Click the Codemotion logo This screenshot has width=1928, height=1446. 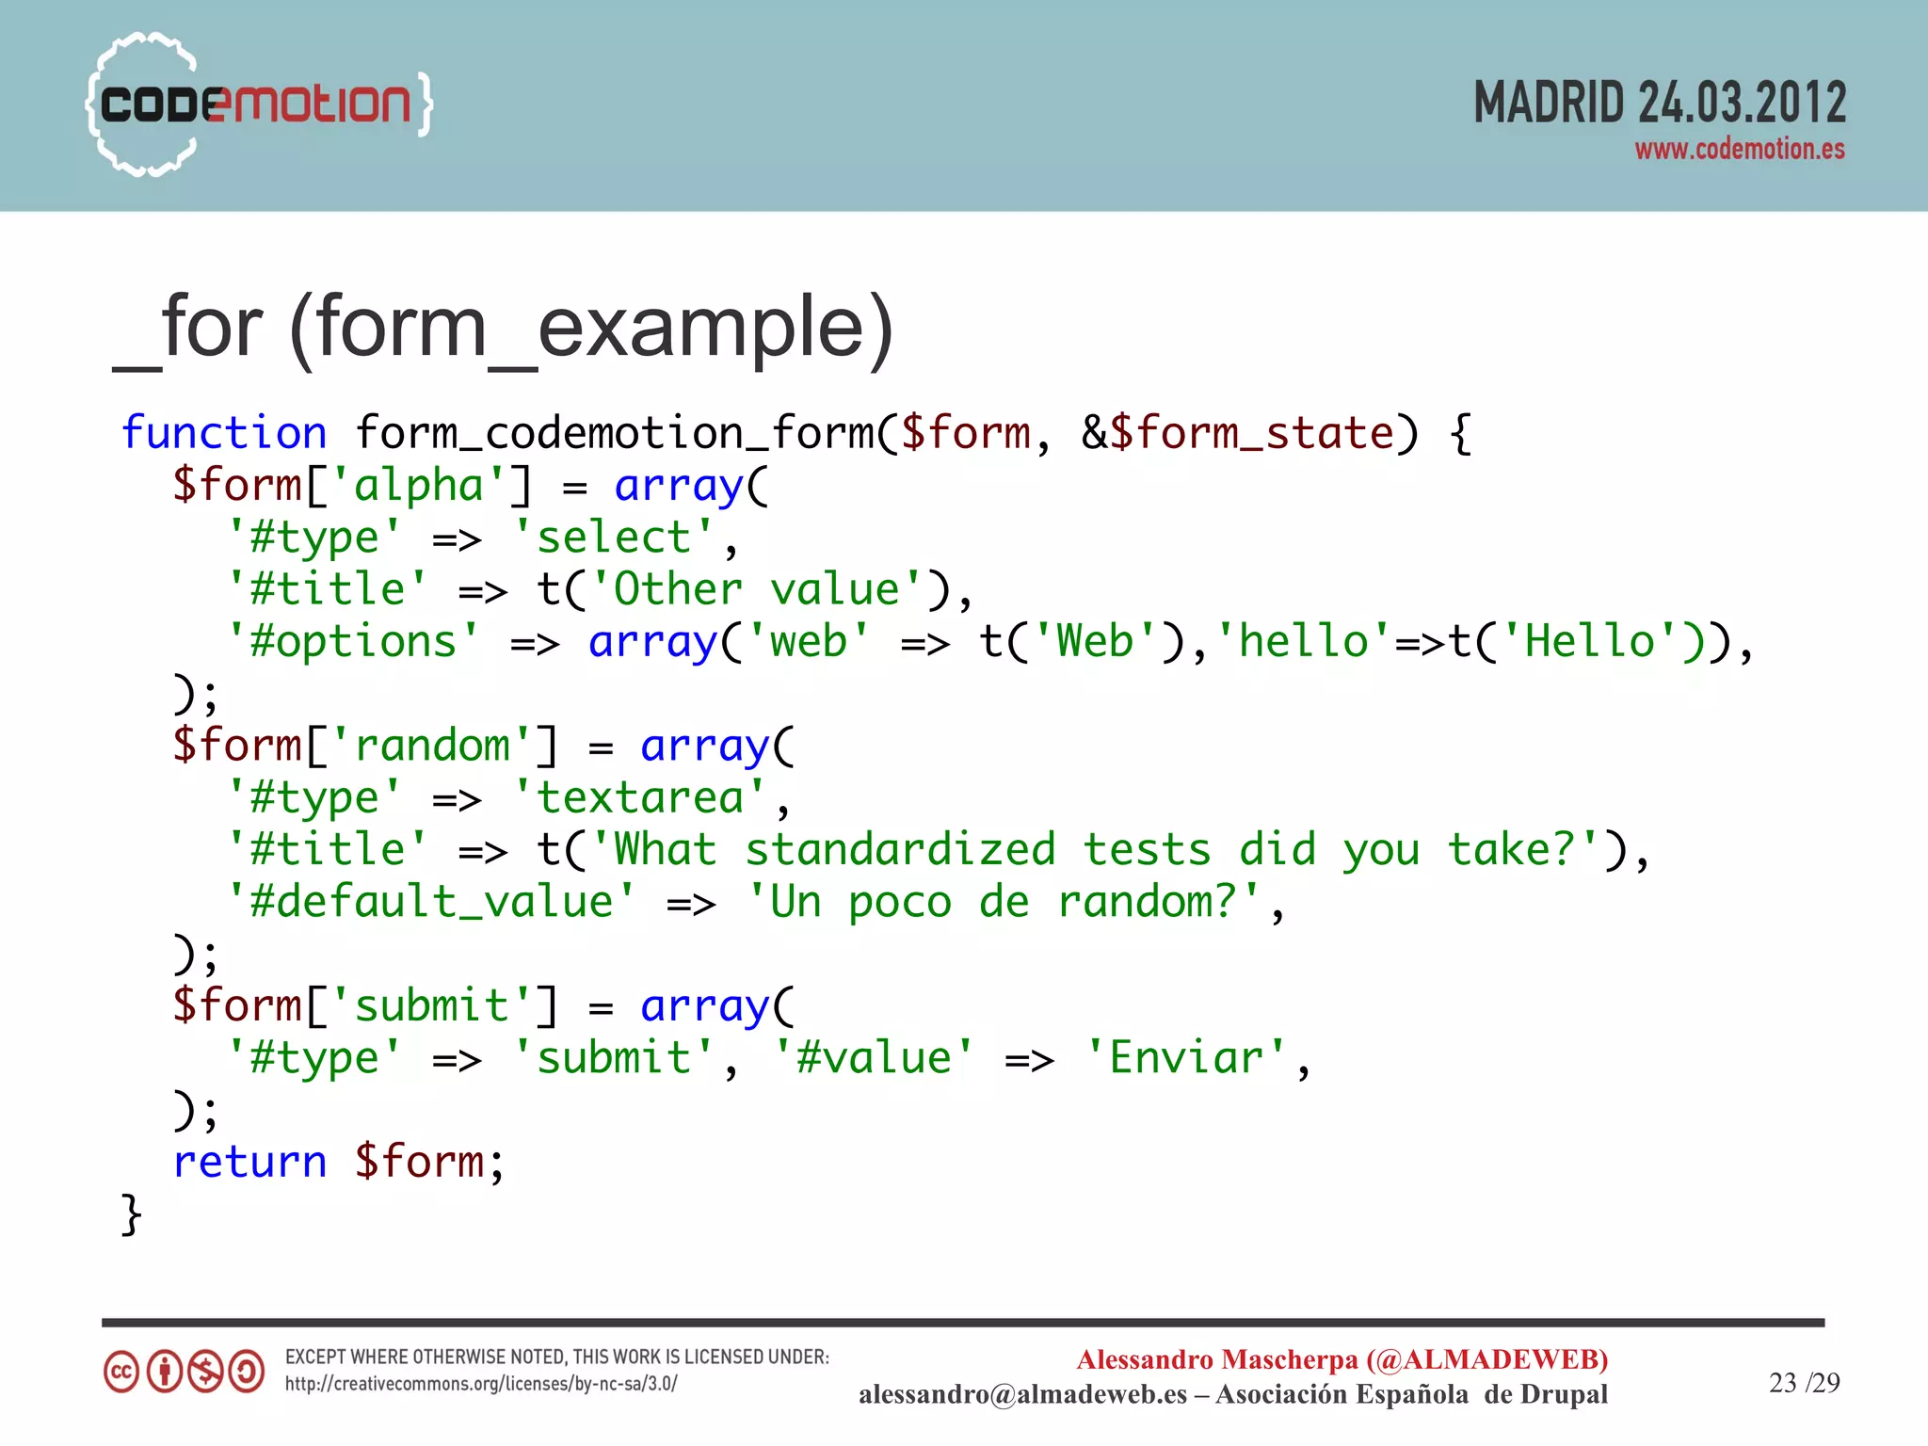[x=259, y=104]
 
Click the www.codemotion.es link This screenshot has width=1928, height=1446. [x=1739, y=150]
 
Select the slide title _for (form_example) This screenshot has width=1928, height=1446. [x=503, y=328]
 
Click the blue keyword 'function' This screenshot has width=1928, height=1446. [x=224, y=433]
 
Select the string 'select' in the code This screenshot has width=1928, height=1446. [x=614, y=538]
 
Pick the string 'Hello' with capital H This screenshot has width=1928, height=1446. [x=1589, y=642]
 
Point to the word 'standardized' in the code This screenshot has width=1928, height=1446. [x=900, y=850]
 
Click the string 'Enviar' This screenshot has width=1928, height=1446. [x=1185, y=1058]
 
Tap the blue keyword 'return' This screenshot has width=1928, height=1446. [x=250, y=1162]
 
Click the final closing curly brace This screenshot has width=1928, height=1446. [x=132, y=1214]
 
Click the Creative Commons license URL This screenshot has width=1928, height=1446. [x=481, y=1384]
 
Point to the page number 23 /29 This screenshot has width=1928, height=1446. [x=1804, y=1382]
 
